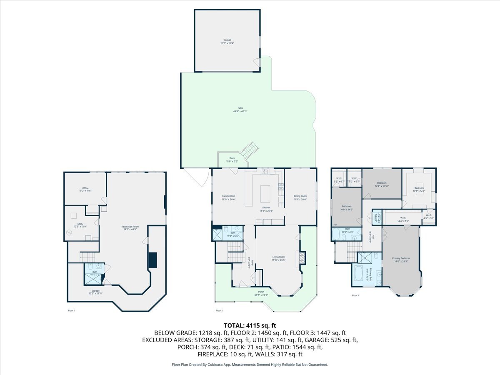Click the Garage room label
(227, 41)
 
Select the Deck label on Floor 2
(232, 160)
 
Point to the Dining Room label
(300, 197)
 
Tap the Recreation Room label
(130, 228)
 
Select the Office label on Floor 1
(85, 189)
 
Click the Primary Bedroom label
(401, 260)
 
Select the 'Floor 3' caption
(355, 295)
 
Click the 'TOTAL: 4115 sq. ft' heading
(250, 325)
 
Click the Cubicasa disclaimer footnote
(250, 365)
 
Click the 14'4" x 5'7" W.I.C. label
(403, 218)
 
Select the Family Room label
(228, 197)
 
